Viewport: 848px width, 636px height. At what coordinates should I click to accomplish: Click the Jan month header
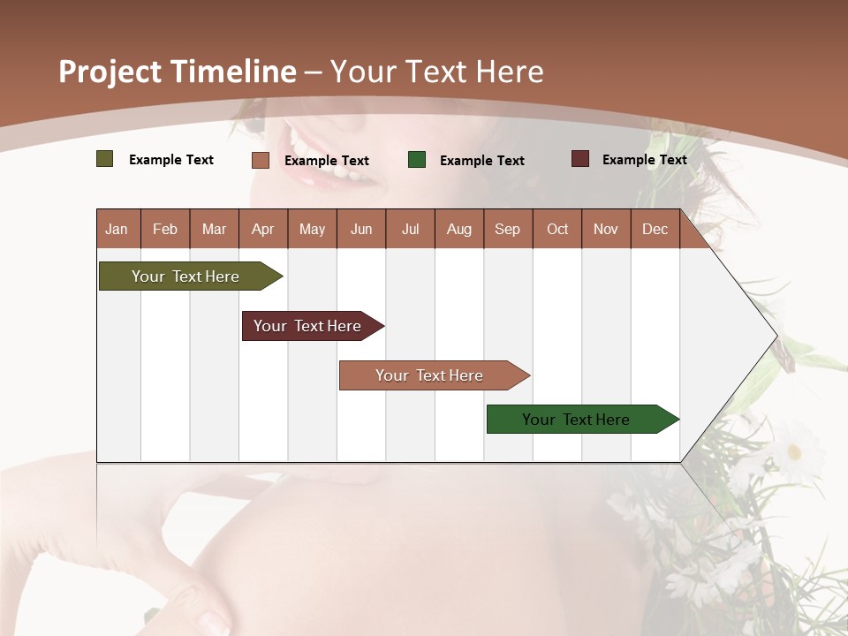point(117,230)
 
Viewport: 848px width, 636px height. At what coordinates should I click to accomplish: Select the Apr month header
point(262,230)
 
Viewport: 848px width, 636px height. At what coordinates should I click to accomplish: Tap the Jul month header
point(410,230)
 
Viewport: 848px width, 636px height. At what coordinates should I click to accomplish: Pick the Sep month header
point(507,230)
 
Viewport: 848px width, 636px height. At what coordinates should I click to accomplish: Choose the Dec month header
point(655,230)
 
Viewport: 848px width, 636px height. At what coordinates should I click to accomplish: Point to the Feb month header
point(165,230)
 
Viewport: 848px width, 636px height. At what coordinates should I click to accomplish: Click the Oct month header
point(557,230)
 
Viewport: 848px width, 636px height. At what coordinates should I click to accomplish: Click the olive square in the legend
point(105,159)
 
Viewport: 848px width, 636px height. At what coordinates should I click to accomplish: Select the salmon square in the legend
point(261,160)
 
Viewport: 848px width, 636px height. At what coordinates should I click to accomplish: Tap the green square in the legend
point(417,160)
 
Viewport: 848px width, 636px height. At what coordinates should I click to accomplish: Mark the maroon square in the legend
point(580,159)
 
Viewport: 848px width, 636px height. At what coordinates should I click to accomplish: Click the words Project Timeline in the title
point(177,72)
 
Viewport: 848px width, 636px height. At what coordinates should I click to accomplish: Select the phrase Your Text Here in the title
point(436,72)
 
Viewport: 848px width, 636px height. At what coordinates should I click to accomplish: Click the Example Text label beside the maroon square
point(644,160)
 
